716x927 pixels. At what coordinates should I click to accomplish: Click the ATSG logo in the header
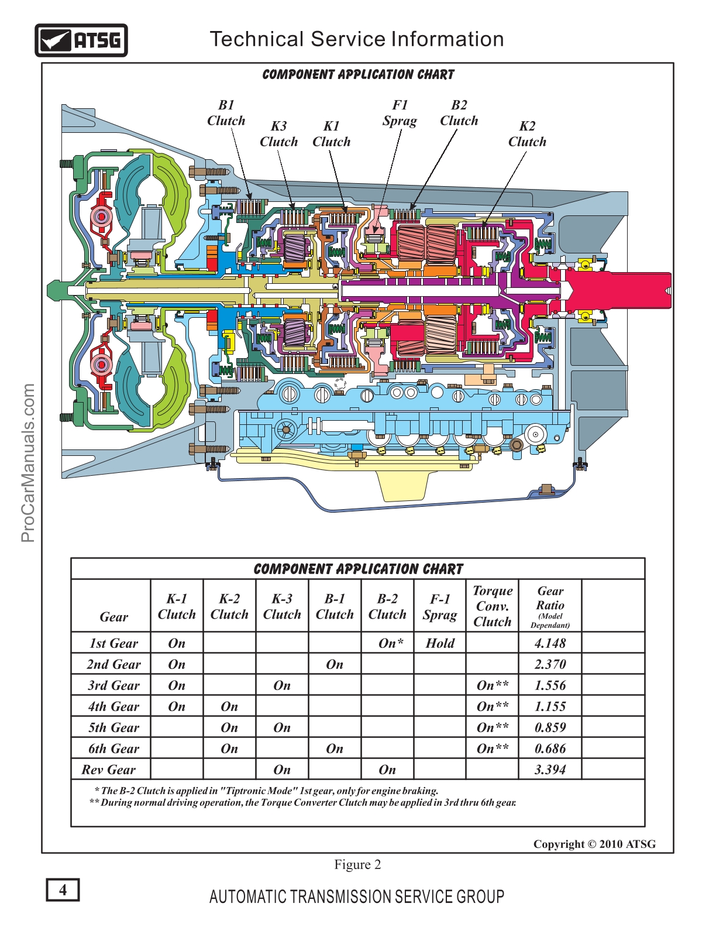[x=81, y=40]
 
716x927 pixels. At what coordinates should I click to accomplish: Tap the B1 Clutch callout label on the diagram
[x=226, y=113]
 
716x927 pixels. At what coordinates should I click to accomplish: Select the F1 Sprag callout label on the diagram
[x=400, y=113]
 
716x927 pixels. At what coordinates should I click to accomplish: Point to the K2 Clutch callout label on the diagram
[x=527, y=134]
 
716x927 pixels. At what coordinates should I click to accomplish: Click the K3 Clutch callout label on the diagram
[x=279, y=134]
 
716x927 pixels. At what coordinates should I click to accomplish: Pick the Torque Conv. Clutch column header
[x=493, y=606]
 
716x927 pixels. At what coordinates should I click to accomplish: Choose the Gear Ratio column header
[x=550, y=606]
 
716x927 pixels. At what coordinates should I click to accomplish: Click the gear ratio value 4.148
[x=550, y=643]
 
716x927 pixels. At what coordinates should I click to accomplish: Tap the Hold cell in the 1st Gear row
[x=440, y=643]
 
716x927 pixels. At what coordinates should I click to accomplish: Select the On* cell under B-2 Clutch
[x=391, y=643]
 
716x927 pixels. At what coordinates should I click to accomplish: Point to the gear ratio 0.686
[x=550, y=749]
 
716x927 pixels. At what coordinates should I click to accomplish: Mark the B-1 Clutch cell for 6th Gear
[x=335, y=749]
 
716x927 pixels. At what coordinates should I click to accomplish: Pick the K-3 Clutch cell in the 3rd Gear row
[x=282, y=685]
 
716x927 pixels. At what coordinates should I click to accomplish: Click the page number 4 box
[x=63, y=890]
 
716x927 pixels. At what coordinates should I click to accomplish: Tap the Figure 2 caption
[x=357, y=864]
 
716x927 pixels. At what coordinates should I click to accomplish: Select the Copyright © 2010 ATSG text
[x=594, y=844]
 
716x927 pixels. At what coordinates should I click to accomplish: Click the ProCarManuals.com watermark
[x=28, y=462]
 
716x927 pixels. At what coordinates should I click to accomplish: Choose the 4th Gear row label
[x=113, y=706]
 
